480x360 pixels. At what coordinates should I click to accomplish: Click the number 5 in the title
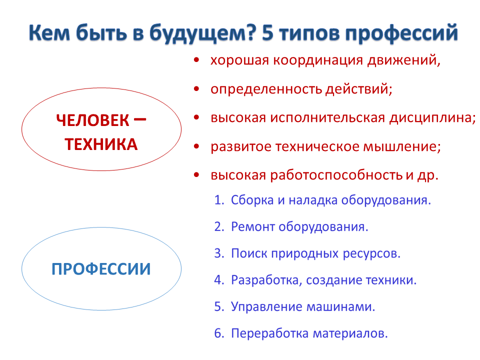point(267,32)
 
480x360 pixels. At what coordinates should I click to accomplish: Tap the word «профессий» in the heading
point(401,33)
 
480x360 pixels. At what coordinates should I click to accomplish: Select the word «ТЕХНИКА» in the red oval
point(101,144)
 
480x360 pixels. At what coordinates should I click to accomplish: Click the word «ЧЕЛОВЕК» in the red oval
point(93,120)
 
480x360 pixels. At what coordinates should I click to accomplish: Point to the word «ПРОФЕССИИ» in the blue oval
point(101,269)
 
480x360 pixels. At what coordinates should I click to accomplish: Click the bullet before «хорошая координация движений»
point(196,60)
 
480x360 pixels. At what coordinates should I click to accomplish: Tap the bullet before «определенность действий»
point(196,89)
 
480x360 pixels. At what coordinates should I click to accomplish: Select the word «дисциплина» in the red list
point(431,118)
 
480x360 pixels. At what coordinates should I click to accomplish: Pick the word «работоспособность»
point(336,175)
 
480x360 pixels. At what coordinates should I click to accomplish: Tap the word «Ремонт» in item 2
point(253,227)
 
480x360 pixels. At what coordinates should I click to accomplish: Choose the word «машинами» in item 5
point(339,307)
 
